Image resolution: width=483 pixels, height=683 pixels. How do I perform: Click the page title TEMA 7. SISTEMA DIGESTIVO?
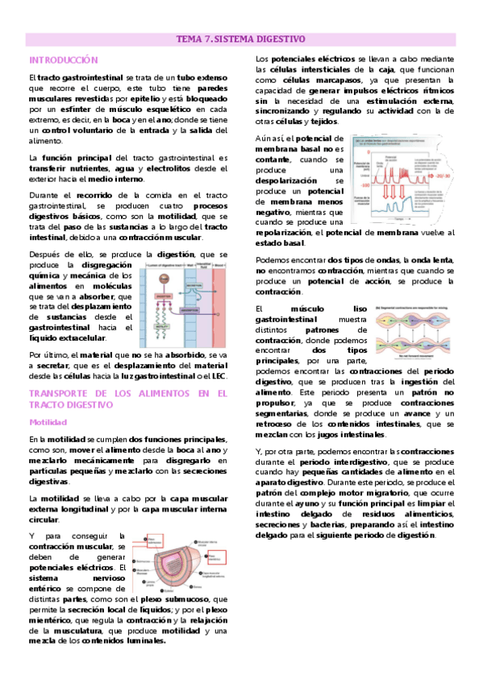click(x=241, y=39)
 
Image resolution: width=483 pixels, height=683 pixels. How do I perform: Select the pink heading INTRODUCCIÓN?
click(x=63, y=60)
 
